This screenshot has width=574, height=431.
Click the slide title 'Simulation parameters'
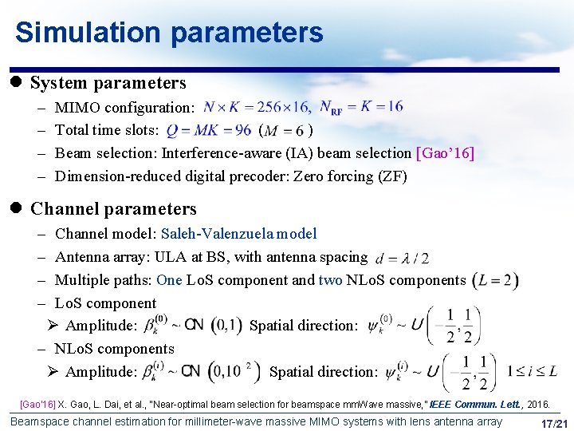169,33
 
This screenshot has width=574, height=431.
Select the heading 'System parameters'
108,83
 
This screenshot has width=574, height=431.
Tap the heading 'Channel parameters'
113,209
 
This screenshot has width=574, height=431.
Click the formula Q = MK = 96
209,130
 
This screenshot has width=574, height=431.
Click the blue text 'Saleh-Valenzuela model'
238,234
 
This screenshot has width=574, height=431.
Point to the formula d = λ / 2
403,258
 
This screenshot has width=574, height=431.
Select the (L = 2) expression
495,280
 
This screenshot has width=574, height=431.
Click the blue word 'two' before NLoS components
330,280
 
